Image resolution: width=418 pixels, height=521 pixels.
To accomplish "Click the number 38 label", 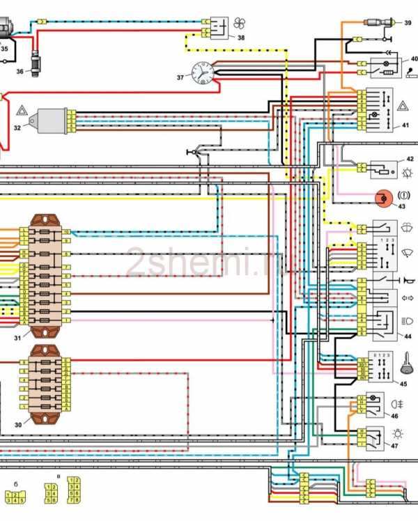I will pyautogui.click(x=240, y=38).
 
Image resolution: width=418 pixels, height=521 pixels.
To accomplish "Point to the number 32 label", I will pyautogui.click(x=17, y=127).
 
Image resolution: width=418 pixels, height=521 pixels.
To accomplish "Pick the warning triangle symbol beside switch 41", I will pyautogui.click(x=403, y=106).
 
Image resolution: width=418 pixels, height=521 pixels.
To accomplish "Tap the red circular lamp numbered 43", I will pyautogui.click(x=382, y=198).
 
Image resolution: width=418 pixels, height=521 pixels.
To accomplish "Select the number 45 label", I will pyautogui.click(x=403, y=382).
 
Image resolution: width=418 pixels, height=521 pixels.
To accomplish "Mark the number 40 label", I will pyautogui.click(x=414, y=59).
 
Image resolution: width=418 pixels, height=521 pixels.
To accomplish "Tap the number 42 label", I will pyautogui.click(x=410, y=160).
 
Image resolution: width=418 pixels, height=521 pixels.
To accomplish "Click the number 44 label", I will pyautogui.click(x=407, y=336).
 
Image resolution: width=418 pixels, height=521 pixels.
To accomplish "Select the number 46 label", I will pyautogui.click(x=394, y=416).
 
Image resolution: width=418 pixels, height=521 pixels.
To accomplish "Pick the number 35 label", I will pyautogui.click(x=4, y=49).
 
